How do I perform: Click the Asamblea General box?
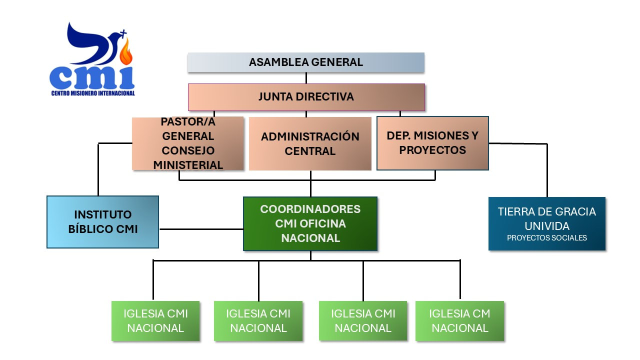(x=306, y=62)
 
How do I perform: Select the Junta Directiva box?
(x=306, y=97)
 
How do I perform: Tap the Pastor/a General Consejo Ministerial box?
(x=188, y=143)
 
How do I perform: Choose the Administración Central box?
(x=310, y=143)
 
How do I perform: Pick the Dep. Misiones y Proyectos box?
(x=432, y=143)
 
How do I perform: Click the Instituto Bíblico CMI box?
(x=102, y=222)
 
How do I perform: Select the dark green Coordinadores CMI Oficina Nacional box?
(x=310, y=223)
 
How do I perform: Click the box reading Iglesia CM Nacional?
(x=459, y=321)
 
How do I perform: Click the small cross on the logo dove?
(x=123, y=34)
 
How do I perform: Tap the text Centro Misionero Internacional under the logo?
(x=92, y=93)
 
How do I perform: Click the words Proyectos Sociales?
(x=546, y=238)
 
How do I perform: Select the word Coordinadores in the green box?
(x=310, y=209)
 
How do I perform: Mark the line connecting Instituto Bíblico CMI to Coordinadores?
(x=200, y=229)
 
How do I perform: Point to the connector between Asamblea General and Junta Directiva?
(x=306, y=78)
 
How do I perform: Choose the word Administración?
(x=310, y=136)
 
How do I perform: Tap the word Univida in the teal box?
(x=546, y=225)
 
